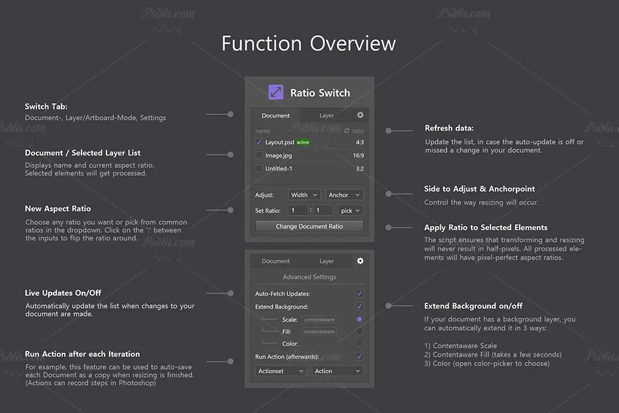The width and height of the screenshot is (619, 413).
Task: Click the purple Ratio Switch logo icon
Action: tap(276, 92)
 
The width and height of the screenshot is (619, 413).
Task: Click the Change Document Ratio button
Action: tap(309, 226)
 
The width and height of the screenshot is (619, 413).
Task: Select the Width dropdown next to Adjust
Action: tap(304, 195)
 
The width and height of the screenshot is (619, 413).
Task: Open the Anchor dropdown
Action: tap(344, 195)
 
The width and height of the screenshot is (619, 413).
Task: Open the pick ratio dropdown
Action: tap(350, 210)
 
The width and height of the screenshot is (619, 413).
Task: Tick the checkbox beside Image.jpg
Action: tap(259, 156)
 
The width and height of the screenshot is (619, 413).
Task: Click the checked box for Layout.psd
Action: tap(259, 142)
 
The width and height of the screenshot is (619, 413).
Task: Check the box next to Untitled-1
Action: tap(259, 169)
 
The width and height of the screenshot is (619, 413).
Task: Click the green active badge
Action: tap(303, 142)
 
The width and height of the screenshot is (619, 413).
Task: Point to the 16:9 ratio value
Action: tap(358, 156)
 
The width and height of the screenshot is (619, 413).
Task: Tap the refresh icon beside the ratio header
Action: tap(347, 131)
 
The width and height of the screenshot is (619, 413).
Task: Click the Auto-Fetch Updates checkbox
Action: tap(359, 293)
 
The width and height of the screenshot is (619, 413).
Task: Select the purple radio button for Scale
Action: tap(359, 320)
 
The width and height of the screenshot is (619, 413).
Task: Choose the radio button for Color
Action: tap(359, 344)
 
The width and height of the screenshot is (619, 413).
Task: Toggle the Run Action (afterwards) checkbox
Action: tap(359, 357)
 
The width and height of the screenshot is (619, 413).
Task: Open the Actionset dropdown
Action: tap(281, 371)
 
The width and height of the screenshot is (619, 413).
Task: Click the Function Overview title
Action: tap(308, 44)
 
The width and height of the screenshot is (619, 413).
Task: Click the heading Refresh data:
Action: tap(449, 128)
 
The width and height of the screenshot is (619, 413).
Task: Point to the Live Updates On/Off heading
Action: tap(63, 293)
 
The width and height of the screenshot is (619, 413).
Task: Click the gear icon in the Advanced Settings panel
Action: tap(360, 261)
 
